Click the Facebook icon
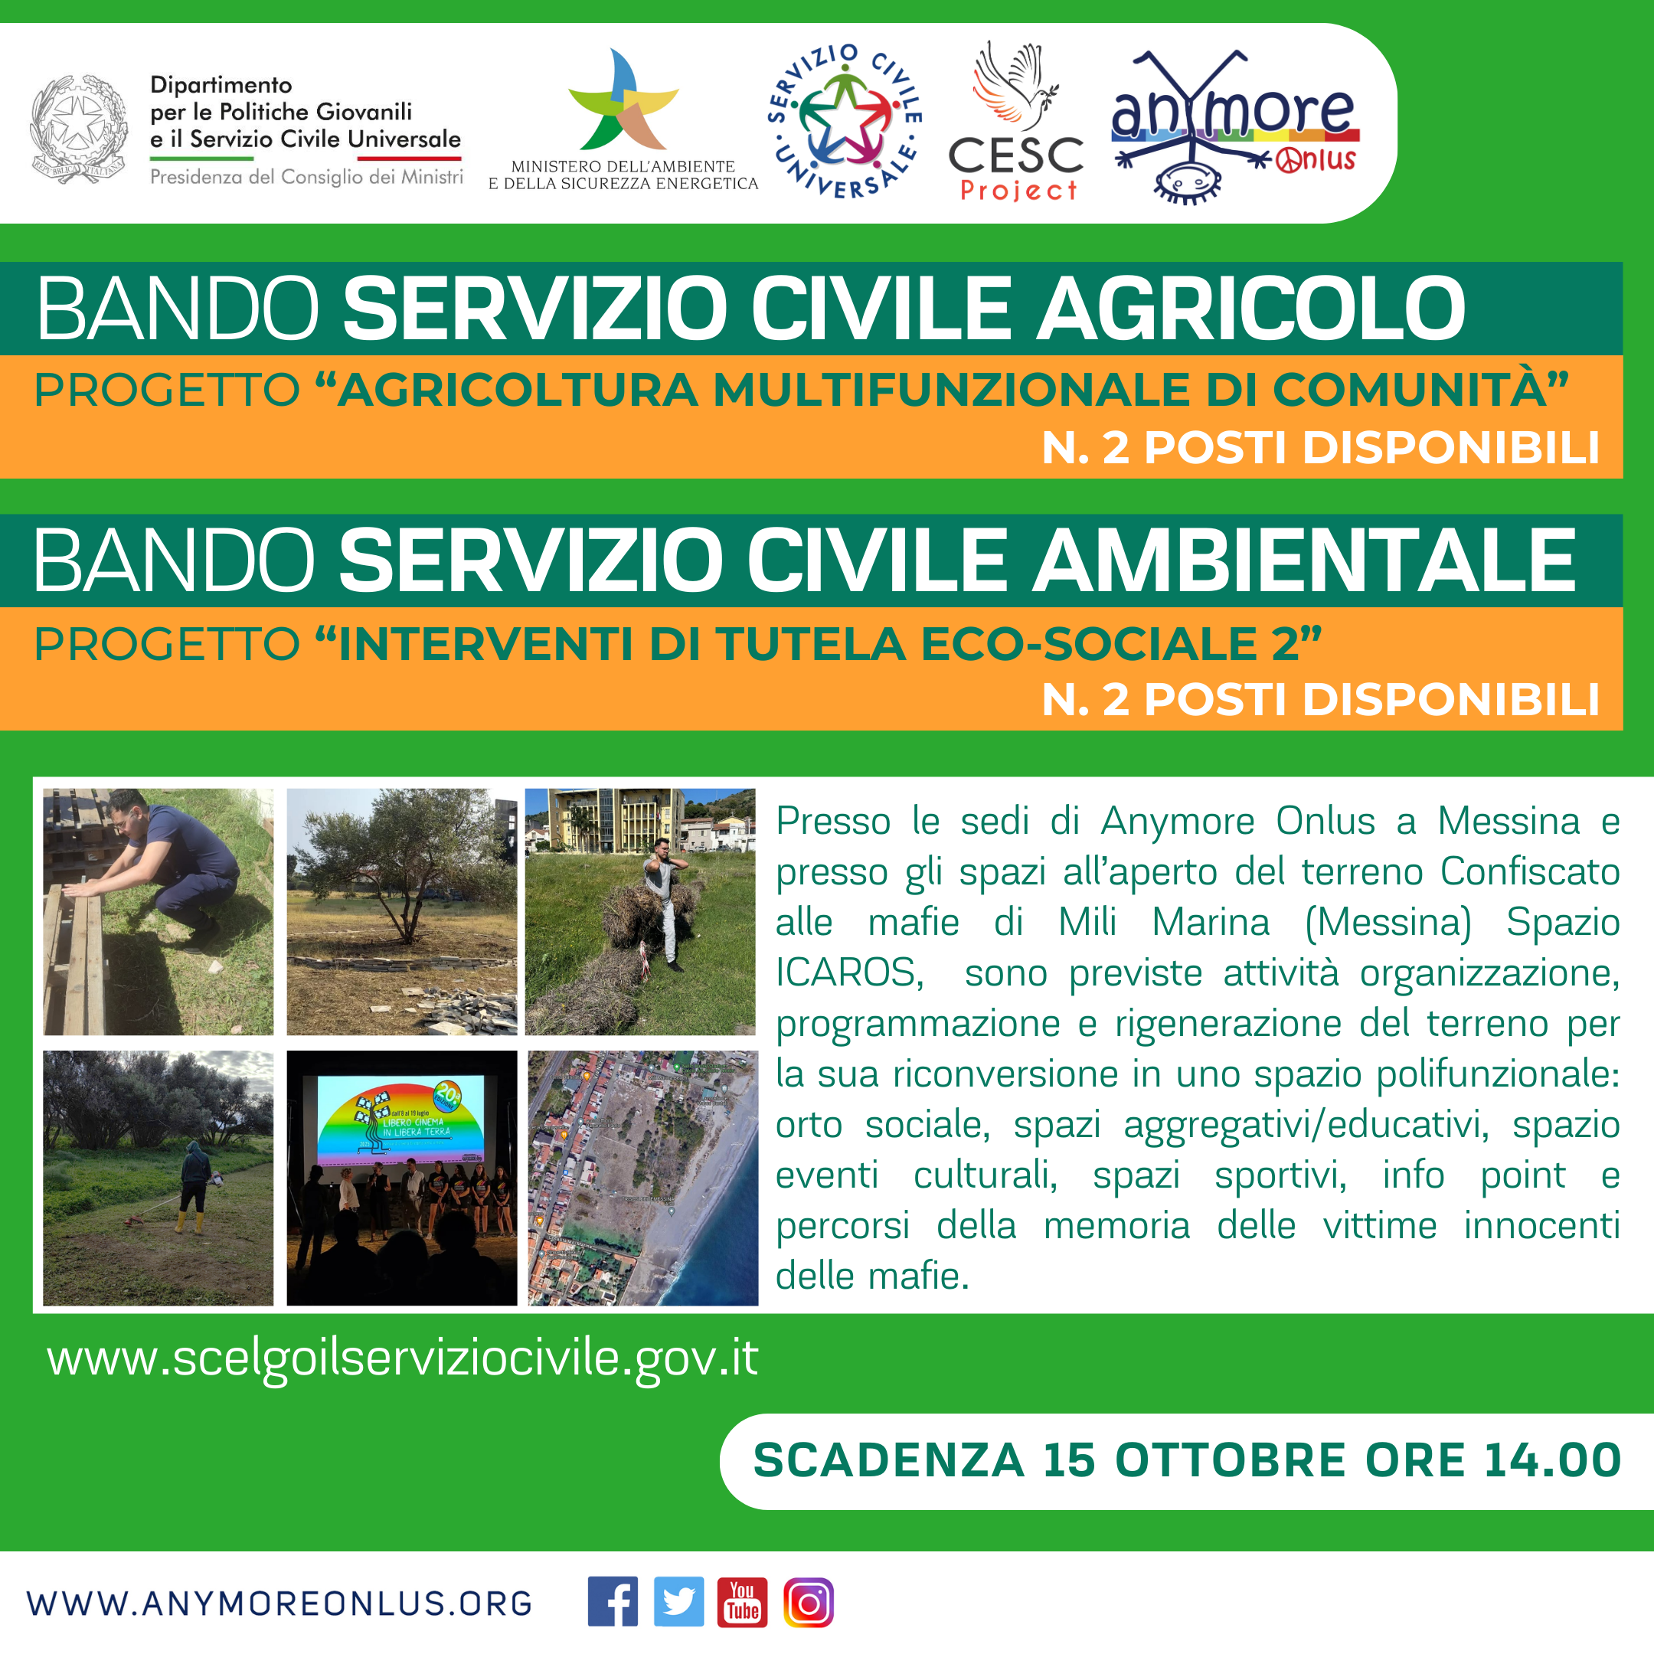(x=612, y=1601)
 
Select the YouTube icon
(x=742, y=1601)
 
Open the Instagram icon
(x=808, y=1601)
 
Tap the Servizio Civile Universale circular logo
(x=845, y=121)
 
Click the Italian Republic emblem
(x=79, y=129)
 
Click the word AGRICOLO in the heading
(x=1250, y=308)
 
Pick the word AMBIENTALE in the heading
(x=1304, y=560)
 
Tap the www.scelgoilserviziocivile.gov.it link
(x=402, y=1358)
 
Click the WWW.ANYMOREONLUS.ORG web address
(x=279, y=1603)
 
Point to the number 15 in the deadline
(x=1069, y=1460)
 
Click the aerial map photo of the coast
(x=643, y=1178)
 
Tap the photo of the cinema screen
(x=401, y=1178)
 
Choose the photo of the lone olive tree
(x=401, y=912)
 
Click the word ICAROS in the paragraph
(x=849, y=973)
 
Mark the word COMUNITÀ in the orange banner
(x=1420, y=390)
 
